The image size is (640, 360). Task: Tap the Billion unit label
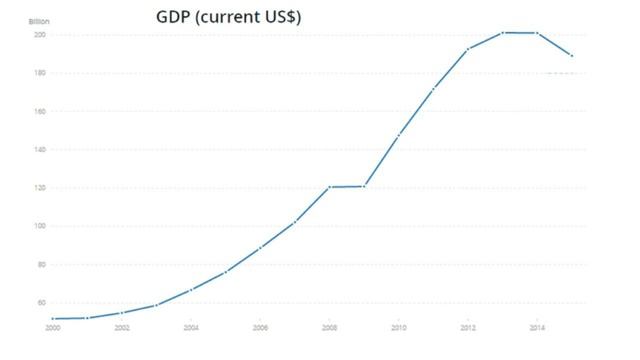click(37, 21)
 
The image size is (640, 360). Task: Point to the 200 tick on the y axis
click(40, 35)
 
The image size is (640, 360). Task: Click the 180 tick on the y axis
click(40, 73)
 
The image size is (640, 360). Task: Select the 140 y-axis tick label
click(40, 150)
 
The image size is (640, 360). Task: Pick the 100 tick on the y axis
click(40, 226)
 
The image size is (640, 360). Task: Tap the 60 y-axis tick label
click(41, 303)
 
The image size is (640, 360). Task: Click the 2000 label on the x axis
click(52, 327)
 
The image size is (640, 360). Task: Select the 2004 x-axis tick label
click(191, 327)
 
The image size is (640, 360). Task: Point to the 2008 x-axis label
click(329, 327)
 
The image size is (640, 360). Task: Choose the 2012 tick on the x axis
click(468, 327)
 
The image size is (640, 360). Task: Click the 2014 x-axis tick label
click(537, 327)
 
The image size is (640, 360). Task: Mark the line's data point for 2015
click(572, 55)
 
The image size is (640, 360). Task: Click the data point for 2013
click(503, 32)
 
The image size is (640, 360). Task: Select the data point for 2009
click(364, 186)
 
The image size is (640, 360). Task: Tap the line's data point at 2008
click(329, 187)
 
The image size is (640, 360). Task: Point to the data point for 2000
click(52, 318)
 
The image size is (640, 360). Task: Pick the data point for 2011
click(433, 89)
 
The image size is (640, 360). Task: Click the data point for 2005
click(225, 272)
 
